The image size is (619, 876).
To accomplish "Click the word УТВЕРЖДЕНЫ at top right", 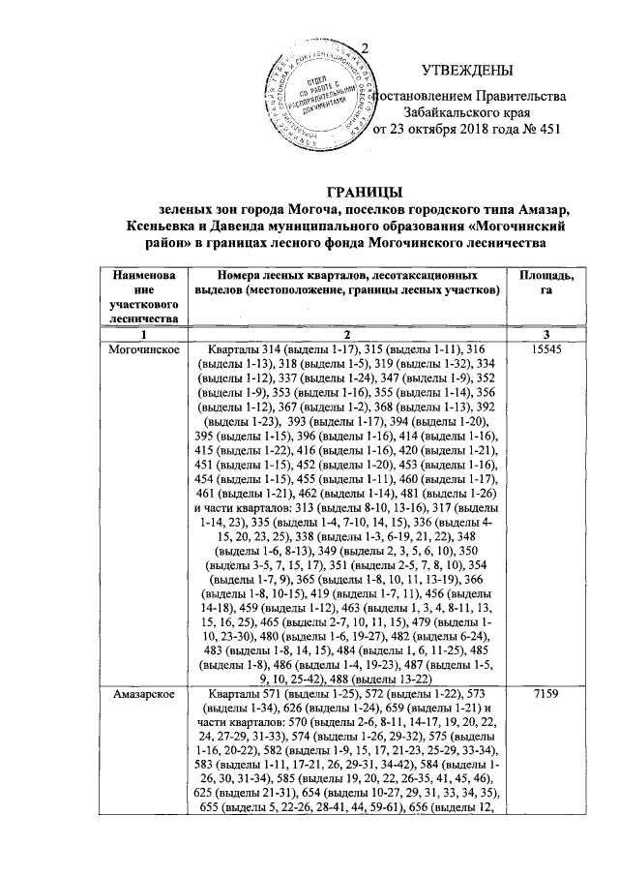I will (x=467, y=70).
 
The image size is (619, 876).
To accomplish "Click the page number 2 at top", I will (x=365, y=48).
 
